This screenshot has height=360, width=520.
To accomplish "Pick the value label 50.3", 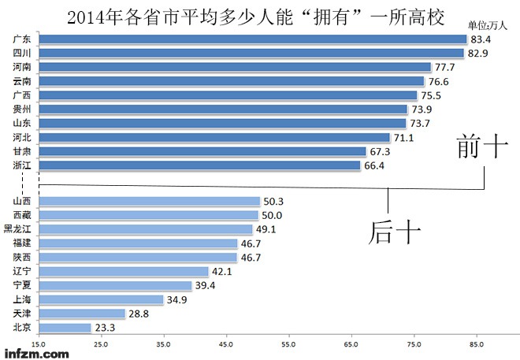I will (273, 202).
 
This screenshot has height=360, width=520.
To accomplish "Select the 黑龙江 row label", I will (18, 229).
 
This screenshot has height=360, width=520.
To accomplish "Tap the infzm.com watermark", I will (35, 354).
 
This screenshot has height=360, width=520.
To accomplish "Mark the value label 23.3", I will (105, 328).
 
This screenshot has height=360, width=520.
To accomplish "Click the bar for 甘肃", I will (202, 151).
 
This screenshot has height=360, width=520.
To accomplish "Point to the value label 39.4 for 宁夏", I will (206, 286).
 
